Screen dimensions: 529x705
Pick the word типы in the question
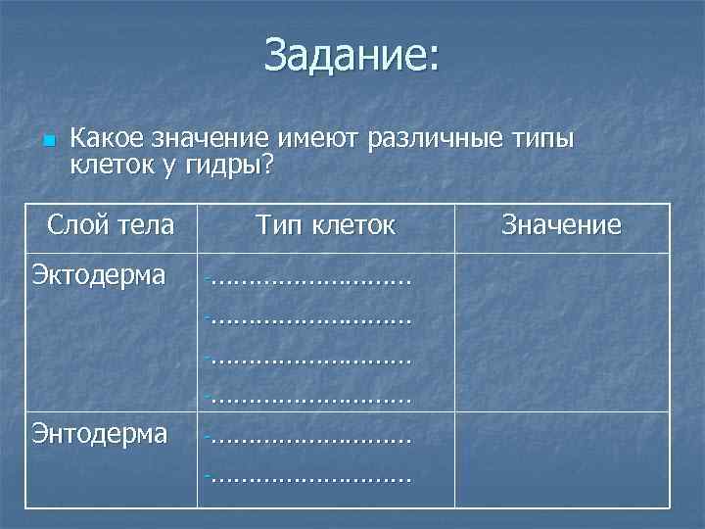click(x=541, y=139)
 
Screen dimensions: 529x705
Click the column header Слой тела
click(x=111, y=225)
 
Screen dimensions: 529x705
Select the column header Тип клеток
click(x=326, y=225)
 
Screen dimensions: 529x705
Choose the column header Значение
click(x=561, y=225)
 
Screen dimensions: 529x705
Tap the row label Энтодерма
click(x=100, y=433)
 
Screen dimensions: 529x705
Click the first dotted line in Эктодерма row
click(x=308, y=281)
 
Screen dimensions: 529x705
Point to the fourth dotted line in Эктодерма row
click(x=308, y=398)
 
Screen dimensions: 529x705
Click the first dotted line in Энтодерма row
click(x=308, y=438)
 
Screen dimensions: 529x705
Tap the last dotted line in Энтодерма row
click(x=308, y=477)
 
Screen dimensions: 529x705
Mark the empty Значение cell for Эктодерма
click(x=561, y=332)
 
